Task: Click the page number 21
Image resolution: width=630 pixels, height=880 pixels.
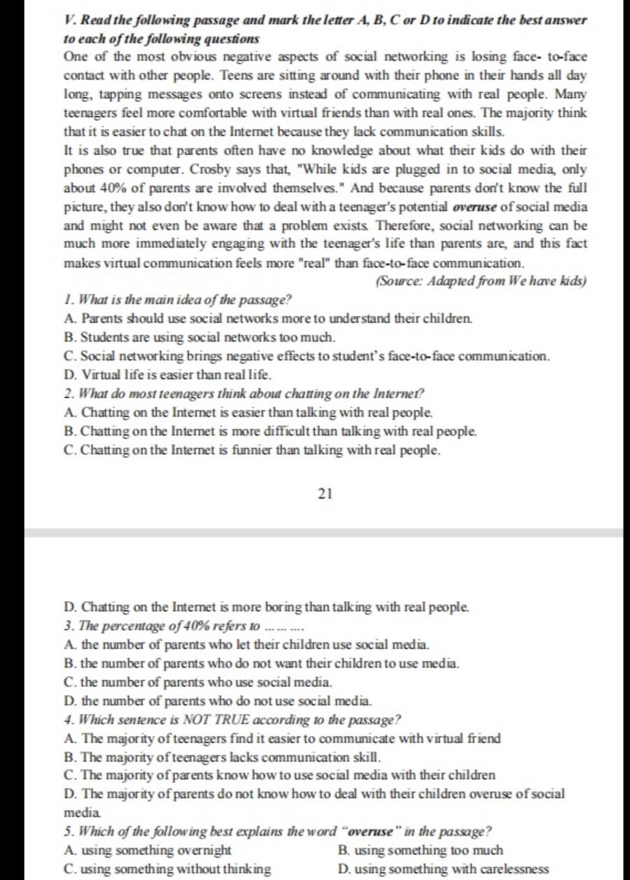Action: point(325,494)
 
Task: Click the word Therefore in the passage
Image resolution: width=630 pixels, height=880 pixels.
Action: point(411,225)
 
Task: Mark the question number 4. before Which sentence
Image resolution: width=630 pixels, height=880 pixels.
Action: point(68,719)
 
